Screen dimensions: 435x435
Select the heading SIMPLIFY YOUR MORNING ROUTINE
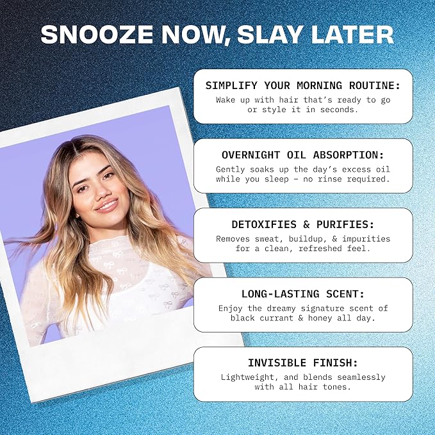(303, 85)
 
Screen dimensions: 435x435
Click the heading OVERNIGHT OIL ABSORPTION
(303, 155)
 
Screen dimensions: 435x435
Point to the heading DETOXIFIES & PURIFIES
(303, 224)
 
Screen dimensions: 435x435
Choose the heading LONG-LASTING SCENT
(303, 294)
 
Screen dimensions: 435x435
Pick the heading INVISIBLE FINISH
(303, 363)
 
